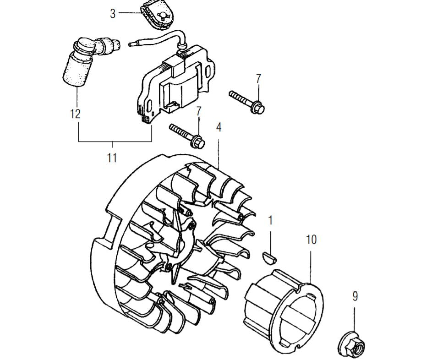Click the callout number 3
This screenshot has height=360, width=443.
point(113,13)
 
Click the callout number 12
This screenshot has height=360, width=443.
point(75,114)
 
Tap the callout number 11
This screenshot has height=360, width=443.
point(112,158)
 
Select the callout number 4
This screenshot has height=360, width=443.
point(219,127)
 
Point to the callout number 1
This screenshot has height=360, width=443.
point(270,220)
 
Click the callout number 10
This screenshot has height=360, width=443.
point(311,240)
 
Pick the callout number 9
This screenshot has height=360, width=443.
point(355,296)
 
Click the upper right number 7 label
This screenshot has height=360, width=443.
point(258,79)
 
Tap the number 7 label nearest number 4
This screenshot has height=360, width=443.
point(199,111)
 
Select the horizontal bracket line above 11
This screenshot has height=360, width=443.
point(115,142)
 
